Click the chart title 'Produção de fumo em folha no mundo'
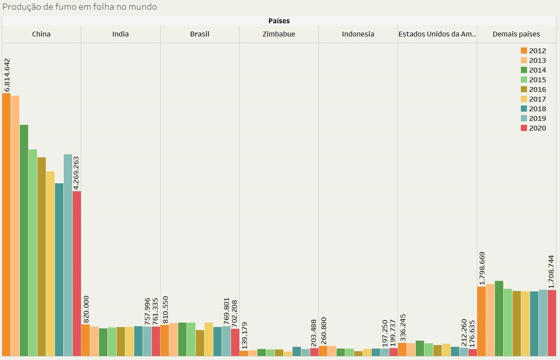[x=80, y=7]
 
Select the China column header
[x=41, y=34]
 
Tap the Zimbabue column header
[x=279, y=34]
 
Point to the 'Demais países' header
[x=516, y=34]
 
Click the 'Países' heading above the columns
[x=279, y=21]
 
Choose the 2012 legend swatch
[x=524, y=51]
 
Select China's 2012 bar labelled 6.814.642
[x=6, y=224]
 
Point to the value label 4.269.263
[x=77, y=173]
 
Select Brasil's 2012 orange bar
[x=165, y=340]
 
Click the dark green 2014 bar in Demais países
[x=499, y=318]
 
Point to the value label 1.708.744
[x=552, y=272]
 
